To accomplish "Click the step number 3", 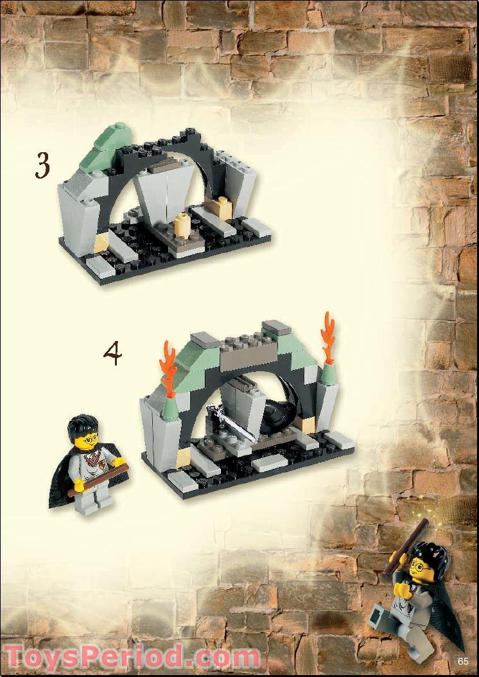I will [42, 166].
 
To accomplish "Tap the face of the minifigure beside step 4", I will [86, 443].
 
